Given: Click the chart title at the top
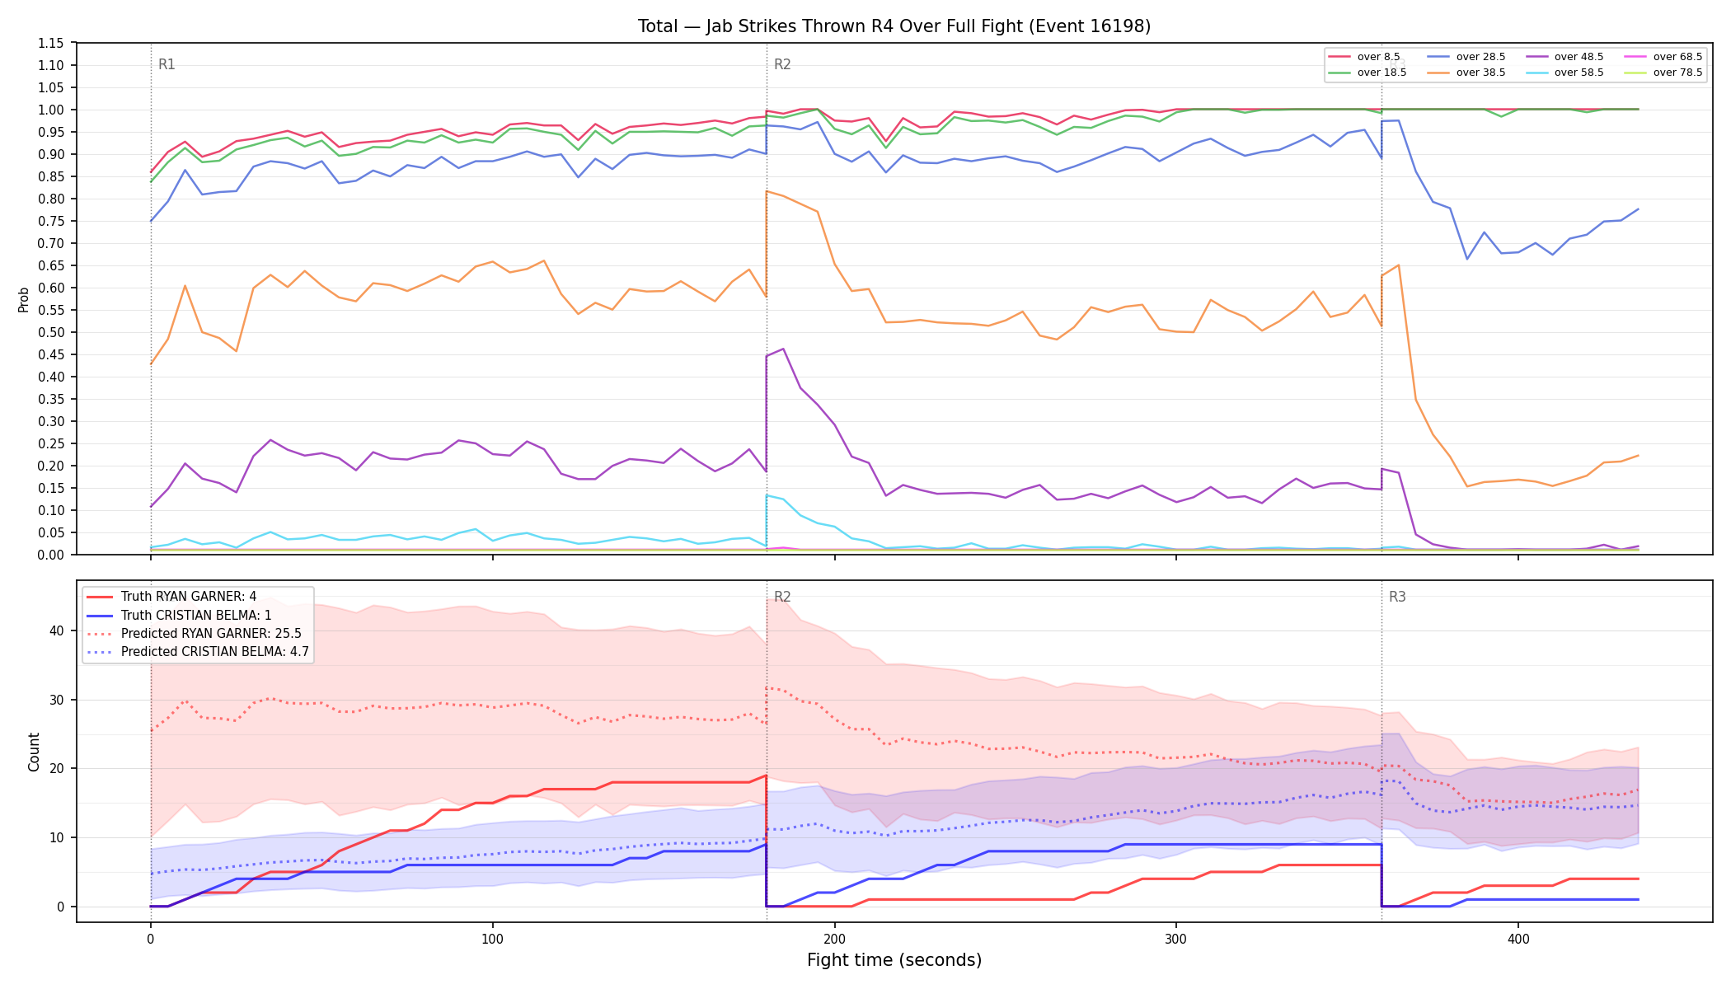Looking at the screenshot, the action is (x=894, y=26).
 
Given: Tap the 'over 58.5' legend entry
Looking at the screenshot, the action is (x=1564, y=73).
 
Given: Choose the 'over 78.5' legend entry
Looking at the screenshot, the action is (x=1663, y=73).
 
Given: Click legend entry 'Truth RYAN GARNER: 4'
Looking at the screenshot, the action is (x=171, y=597).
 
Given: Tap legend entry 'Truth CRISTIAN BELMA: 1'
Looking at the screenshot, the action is (x=179, y=616).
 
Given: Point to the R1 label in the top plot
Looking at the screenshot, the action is (x=167, y=64).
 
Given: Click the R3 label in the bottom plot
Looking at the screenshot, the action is (x=1397, y=597).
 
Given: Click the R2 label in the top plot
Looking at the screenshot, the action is (x=782, y=64).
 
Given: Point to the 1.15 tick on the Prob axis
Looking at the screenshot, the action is (x=51, y=43).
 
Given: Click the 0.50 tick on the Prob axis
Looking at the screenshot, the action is (x=51, y=332).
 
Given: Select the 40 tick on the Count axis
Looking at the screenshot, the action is (x=57, y=630).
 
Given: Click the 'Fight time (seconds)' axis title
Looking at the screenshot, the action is (x=894, y=960).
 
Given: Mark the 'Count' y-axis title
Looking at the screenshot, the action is (x=34, y=752).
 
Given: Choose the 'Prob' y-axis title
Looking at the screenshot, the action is (x=24, y=299).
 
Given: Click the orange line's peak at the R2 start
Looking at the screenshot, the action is (x=767, y=191).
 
